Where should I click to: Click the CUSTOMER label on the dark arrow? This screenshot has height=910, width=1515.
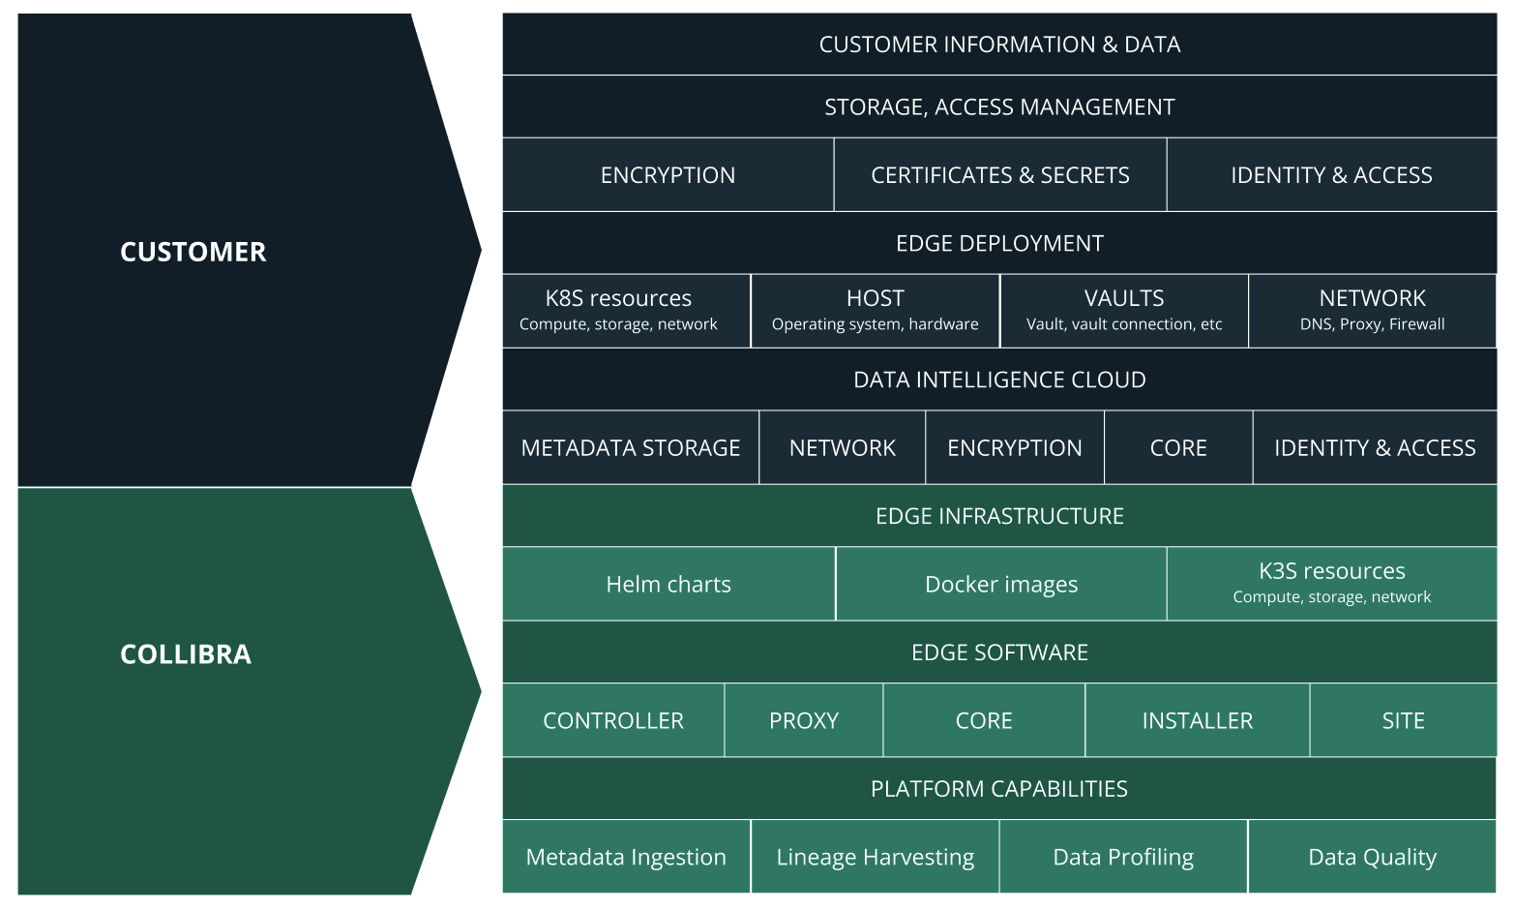tap(193, 252)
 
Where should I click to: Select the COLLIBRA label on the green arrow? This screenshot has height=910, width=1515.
tap(186, 654)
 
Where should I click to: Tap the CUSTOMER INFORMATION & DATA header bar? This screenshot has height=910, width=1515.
tap(999, 45)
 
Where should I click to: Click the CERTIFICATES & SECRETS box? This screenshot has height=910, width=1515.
tap(1000, 175)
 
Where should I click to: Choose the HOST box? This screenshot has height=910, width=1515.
tap(875, 311)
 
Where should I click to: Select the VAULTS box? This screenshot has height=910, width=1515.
tap(1124, 311)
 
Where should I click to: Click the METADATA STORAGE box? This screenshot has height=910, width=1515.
tap(631, 448)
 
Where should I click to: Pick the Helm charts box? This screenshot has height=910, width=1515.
tap(668, 585)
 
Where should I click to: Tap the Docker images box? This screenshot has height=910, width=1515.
tap(1001, 585)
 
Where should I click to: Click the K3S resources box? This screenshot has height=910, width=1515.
tap(1331, 584)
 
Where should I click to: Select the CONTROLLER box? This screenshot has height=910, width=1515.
tap(613, 721)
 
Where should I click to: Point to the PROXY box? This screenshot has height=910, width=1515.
tap(804, 721)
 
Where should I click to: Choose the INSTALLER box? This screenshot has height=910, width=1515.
tap(1198, 721)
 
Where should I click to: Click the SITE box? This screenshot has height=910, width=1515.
tap(1403, 721)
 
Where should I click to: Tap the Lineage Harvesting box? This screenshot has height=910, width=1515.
tap(875, 858)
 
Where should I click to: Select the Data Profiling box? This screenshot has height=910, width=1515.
tap(1123, 858)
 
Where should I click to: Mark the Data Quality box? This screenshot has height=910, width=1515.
tap(1372, 858)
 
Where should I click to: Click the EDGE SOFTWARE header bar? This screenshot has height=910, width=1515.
tap(999, 652)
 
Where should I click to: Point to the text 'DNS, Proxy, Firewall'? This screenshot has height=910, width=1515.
tap(1372, 324)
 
